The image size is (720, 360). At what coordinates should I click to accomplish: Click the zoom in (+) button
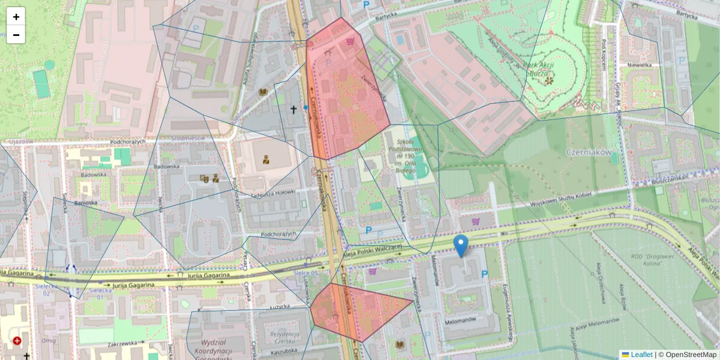pos(16,17)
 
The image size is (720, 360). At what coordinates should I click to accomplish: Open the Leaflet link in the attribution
pos(641,355)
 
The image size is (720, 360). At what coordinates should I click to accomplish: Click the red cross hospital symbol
pos(17,341)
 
